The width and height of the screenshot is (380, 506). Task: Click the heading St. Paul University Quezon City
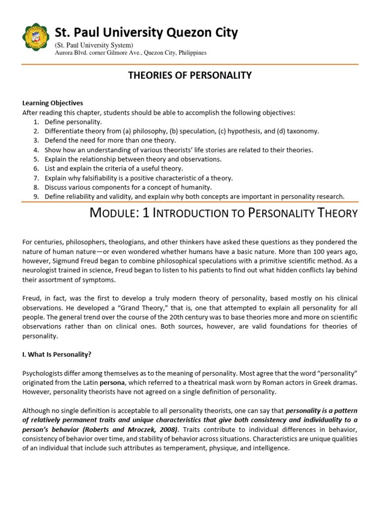click(x=146, y=33)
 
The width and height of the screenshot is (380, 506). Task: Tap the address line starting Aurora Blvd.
click(x=131, y=53)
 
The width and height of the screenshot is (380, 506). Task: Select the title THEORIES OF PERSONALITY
click(x=190, y=75)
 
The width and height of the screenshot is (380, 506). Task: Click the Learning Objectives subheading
click(x=53, y=103)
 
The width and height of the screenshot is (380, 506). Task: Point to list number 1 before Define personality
click(x=36, y=122)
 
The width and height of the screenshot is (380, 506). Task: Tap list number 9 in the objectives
click(x=36, y=197)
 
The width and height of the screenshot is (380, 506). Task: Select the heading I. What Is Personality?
click(x=57, y=354)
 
